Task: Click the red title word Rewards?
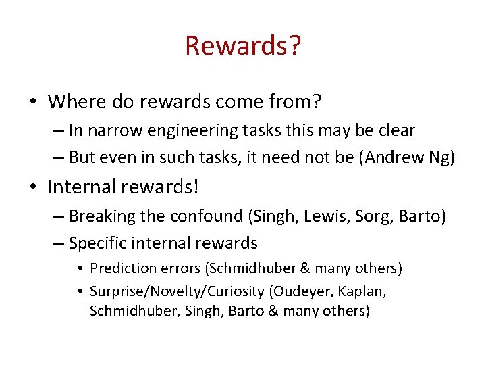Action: pos(243,46)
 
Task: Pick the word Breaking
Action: pos(99,216)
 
